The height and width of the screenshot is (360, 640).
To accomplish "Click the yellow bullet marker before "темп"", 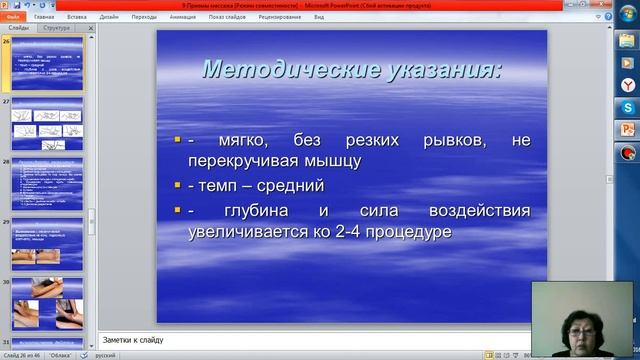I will (x=177, y=185).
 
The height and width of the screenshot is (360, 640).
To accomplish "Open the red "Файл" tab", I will (x=13, y=17).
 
